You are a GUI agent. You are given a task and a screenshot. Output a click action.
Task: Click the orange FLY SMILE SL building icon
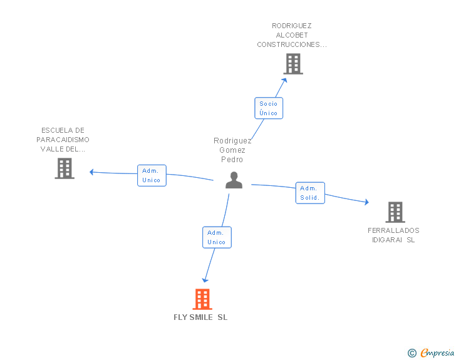[202, 299]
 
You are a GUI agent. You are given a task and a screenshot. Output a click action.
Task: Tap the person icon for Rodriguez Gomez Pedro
[234, 180]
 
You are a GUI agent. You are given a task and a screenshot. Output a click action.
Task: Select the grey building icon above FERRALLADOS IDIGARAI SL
[395, 212]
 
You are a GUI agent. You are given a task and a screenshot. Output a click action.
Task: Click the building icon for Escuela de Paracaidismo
[65, 168]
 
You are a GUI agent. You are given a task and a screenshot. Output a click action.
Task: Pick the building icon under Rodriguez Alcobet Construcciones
[293, 64]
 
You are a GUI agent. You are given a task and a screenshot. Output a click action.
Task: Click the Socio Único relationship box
[269, 108]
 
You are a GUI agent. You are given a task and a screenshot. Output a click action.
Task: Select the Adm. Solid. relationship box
[310, 193]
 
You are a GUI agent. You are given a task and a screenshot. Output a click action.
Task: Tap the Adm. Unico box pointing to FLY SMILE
[217, 237]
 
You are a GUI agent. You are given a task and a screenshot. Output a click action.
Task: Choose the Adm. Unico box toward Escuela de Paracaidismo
[152, 176]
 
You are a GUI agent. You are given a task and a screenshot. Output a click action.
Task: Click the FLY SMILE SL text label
[200, 317]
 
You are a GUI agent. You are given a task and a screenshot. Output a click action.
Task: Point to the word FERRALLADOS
[393, 230]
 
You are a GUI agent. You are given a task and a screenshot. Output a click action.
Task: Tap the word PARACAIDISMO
[63, 140]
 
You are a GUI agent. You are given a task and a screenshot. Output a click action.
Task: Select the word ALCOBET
[292, 35]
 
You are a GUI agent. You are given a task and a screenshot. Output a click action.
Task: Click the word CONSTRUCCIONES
[288, 44]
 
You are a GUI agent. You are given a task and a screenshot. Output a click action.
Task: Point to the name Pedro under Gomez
[232, 160]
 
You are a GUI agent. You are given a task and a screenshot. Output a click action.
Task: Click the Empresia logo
[431, 353]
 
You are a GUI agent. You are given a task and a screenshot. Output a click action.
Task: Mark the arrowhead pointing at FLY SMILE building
[205, 280]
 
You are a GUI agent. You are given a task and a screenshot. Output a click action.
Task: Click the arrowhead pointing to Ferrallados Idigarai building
[367, 202]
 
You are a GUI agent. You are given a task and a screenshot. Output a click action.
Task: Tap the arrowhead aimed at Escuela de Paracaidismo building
[91, 172]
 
